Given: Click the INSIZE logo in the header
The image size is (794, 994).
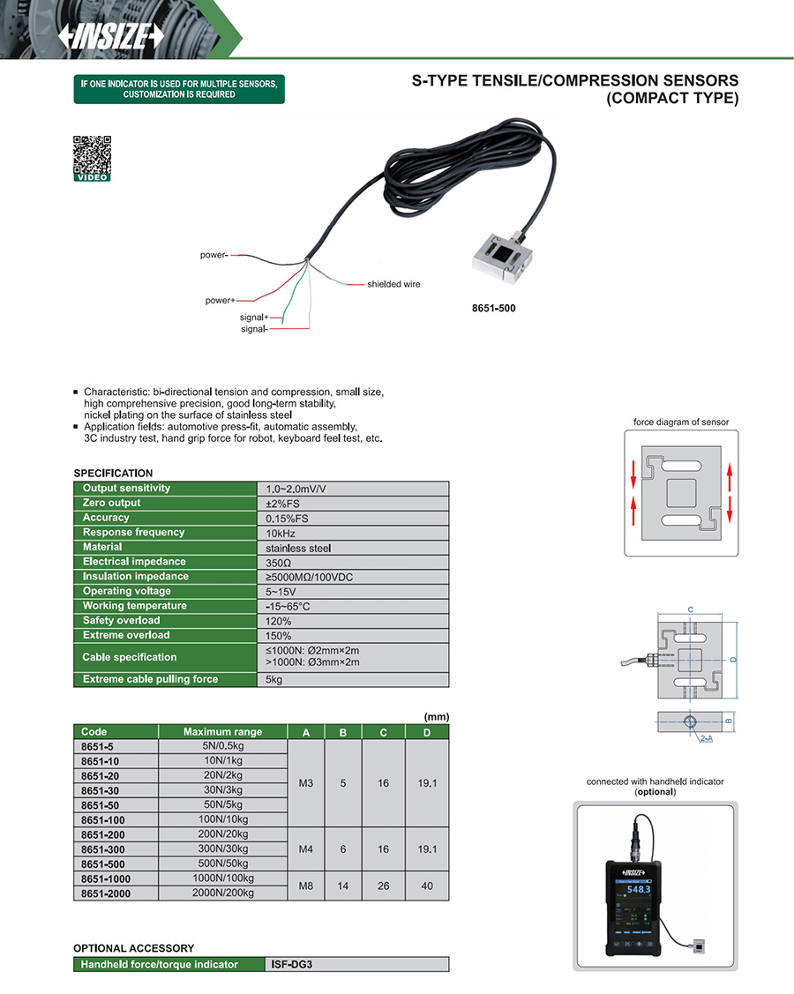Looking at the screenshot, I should [x=111, y=35].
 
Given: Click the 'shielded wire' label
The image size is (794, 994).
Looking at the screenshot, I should [x=393, y=284].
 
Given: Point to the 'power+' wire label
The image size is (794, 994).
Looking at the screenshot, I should [x=220, y=301].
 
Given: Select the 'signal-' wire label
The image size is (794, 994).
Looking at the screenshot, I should [x=254, y=329].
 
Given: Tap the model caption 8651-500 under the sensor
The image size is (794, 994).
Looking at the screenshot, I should [x=494, y=309].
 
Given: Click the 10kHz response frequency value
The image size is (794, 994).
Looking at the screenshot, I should [x=280, y=533].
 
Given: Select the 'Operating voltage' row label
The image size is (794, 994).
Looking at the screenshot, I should [x=127, y=591].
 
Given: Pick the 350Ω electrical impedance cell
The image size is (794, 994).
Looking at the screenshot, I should [x=279, y=562].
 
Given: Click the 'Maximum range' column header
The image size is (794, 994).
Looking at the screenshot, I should [x=222, y=732].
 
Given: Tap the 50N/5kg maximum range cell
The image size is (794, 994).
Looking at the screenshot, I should [x=222, y=805].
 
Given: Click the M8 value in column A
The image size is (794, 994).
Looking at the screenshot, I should [x=306, y=886].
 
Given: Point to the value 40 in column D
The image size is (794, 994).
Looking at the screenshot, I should [x=427, y=886].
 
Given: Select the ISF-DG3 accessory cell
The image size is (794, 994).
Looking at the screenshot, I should [x=292, y=964].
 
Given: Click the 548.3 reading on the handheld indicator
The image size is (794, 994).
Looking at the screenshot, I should [x=640, y=890].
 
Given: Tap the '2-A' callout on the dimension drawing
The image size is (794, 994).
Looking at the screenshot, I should [x=706, y=737].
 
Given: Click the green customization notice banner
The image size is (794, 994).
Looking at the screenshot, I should [x=179, y=89].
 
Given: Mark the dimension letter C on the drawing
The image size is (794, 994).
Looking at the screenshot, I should [x=690, y=609].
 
